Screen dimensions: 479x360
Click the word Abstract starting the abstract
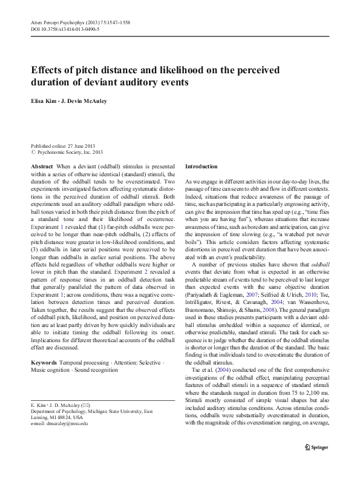pos(42,166)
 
